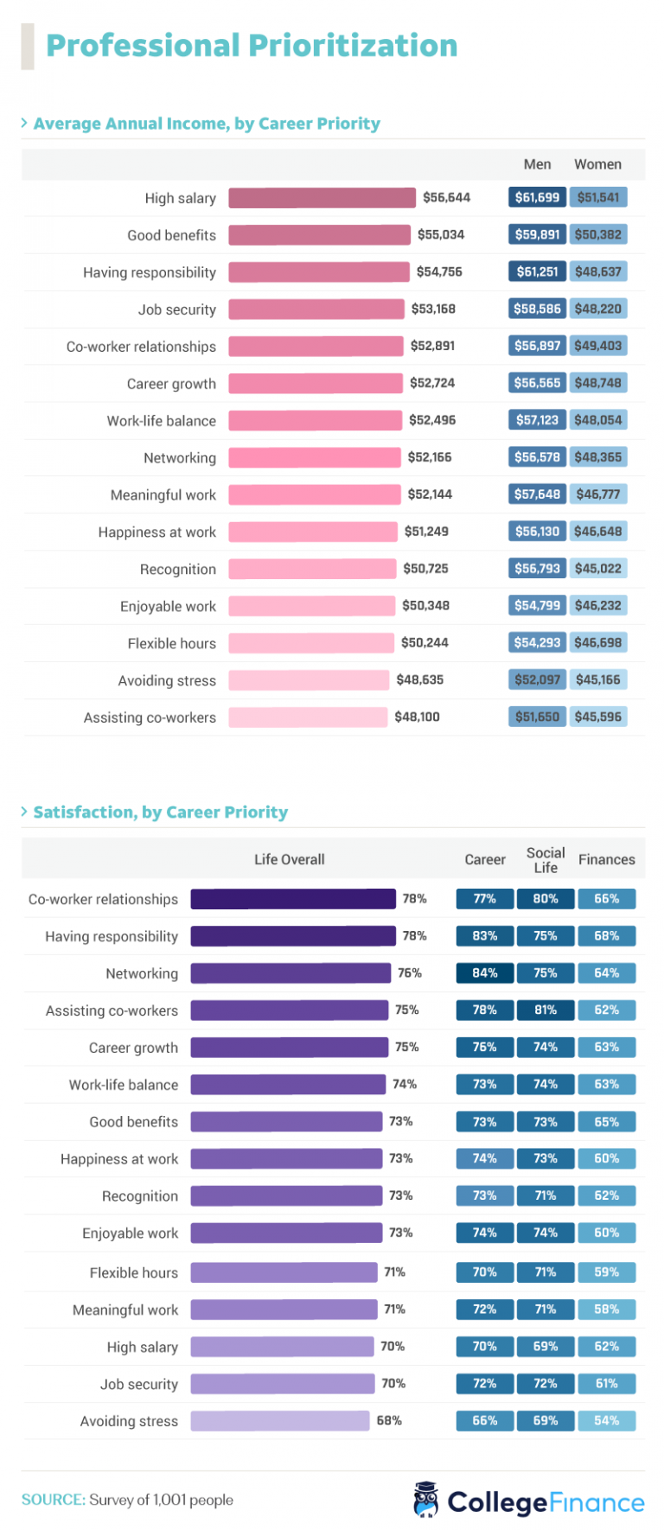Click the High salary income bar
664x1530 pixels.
click(x=322, y=198)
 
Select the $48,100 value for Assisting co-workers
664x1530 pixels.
click(x=417, y=717)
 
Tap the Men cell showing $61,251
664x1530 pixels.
click(x=537, y=271)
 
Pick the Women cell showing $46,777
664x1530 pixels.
click(x=598, y=494)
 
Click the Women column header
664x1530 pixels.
click(x=597, y=164)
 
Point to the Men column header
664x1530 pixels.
click(x=537, y=164)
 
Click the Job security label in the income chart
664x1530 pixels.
click(x=176, y=309)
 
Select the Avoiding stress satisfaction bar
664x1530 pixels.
click(x=279, y=1420)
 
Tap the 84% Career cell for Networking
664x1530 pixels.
click(x=484, y=972)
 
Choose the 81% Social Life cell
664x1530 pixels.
click(x=546, y=1010)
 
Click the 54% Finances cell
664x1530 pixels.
click(x=606, y=1420)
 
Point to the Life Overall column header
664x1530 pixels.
click(x=289, y=859)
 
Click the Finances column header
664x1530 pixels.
click(x=606, y=859)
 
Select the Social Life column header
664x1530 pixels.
click(x=546, y=859)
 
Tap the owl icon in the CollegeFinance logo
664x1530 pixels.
click(x=426, y=1500)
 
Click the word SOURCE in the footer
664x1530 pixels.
click(x=53, y=1500)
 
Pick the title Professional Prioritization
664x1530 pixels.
click(x=252, y=46)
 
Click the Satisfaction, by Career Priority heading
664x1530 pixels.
click(x=160, y=812)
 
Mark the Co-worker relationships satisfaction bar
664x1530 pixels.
click(x=293, y=899)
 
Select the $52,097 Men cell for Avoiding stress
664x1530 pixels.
click(x=537, y=679)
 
